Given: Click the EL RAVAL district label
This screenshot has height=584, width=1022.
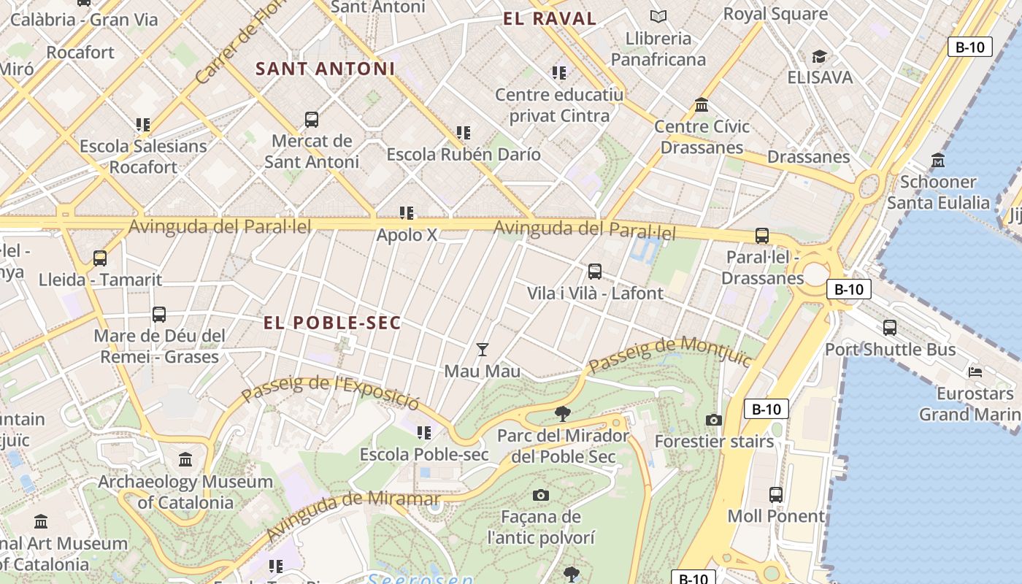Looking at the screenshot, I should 550,19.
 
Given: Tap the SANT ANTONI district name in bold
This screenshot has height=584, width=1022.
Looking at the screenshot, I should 325,69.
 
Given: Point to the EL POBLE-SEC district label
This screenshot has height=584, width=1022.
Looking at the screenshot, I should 332,323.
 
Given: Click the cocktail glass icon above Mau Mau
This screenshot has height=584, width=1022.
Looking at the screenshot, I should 482,350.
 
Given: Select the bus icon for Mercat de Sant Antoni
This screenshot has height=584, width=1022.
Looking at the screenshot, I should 312,119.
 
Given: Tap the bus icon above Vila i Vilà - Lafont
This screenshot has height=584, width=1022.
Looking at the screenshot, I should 595,272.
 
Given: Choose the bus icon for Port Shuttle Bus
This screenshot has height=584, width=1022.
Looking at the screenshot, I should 890,328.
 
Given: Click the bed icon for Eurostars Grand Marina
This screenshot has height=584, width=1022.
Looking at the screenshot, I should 975,372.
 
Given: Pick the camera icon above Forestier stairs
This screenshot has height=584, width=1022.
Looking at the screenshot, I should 714,420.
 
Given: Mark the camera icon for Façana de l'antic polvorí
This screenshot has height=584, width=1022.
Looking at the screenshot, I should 540,496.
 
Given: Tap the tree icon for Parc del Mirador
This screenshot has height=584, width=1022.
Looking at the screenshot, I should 562,414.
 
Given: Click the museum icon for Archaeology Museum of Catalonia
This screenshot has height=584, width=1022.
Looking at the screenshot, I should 185,460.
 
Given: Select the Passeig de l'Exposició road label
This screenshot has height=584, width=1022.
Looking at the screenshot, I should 331,392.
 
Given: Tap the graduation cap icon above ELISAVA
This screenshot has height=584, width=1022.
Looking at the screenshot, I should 819,56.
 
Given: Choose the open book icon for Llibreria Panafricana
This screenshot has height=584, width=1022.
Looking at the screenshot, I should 658,16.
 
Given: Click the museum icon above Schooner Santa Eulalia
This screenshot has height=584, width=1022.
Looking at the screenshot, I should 938,160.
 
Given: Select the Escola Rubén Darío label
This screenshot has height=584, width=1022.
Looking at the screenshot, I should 464,155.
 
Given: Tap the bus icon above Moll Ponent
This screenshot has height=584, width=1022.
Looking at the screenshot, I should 776,495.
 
